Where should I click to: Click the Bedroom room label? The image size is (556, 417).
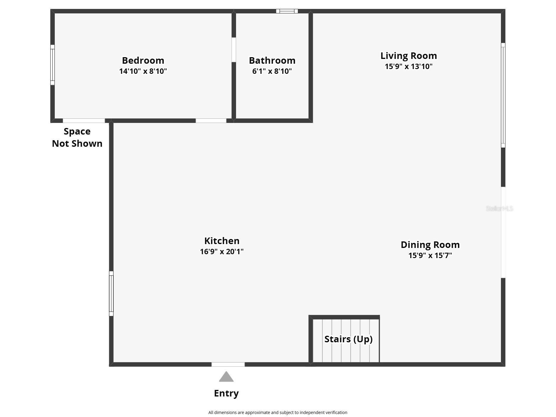point(143,60)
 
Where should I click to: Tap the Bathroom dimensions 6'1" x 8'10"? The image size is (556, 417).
point(272,71)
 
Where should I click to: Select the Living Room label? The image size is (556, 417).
point(409,56)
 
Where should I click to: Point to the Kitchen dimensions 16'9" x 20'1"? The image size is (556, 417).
point(222,252)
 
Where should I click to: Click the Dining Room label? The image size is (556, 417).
point(430,245)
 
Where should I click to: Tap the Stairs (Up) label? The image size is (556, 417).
point(349,339)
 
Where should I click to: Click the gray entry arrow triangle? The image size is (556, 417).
point(226,377)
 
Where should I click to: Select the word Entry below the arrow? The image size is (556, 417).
point(226,393)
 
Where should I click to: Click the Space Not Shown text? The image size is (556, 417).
point(77,137)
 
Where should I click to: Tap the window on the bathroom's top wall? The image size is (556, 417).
point(287,11)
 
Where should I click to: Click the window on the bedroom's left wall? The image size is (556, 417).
point(52,65)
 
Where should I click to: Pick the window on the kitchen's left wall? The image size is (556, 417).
point(111,293)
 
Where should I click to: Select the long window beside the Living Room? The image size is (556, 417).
point(503,95)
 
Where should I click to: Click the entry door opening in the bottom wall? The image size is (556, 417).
point(228,364)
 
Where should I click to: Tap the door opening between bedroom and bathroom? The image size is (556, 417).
point(234,50)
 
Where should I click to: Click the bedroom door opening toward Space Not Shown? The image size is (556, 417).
point(84,121)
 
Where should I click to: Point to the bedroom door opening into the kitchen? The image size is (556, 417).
point(211,121)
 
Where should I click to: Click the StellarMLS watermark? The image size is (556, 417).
point(499,209)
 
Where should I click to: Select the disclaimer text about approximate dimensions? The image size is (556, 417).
point(278,413)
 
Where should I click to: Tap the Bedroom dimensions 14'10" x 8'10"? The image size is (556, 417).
point(143,71)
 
